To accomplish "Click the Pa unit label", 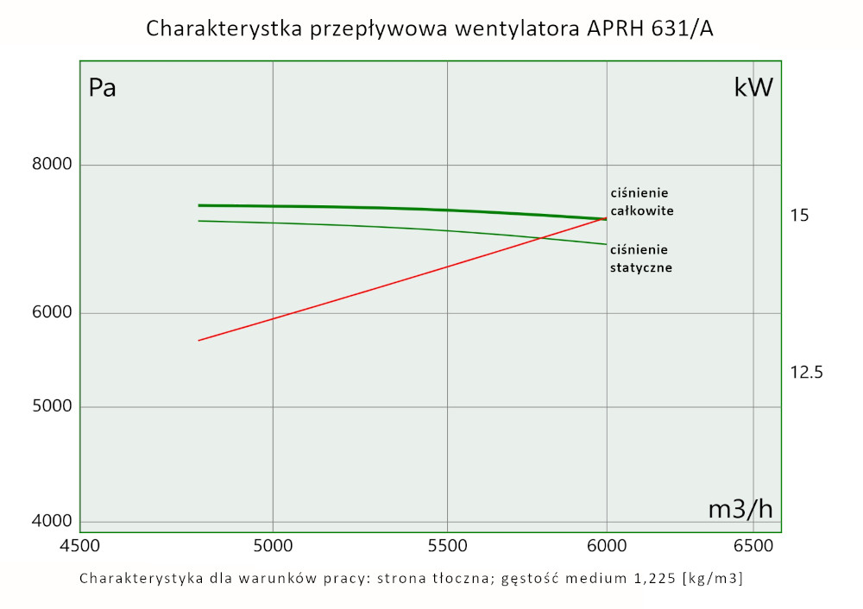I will pos(103,88).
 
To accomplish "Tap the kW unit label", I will pos(753,88).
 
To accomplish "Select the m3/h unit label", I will pos(740,510).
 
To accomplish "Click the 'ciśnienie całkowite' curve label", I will pos(640,201).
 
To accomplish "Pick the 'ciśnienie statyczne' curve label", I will pos(640,259).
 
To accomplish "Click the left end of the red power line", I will pos(198,341).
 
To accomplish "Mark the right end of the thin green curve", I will pos(607,244).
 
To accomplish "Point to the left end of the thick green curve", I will pos(198,205).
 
